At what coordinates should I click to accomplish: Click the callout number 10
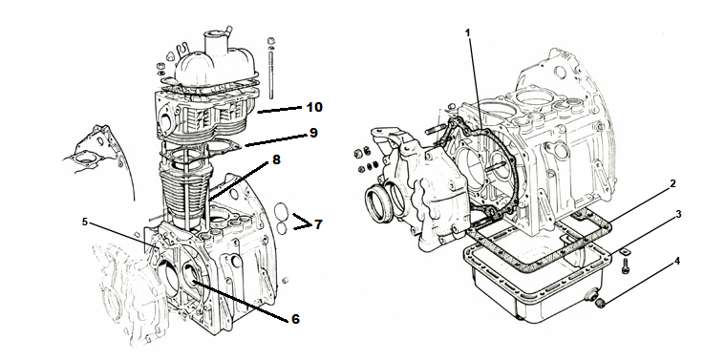[314, 107]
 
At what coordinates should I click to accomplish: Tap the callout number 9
[313, 133]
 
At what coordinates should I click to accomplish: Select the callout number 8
[276, 160]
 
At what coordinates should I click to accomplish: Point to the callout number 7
[317, 224]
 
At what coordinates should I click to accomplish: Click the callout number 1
[468, 32]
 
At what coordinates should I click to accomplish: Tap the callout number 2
[673, 183]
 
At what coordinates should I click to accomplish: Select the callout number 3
[679, 214]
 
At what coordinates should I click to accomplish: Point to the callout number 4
[677, 262]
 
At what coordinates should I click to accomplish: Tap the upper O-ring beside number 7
[282, 211]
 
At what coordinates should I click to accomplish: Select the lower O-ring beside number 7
[281, 228]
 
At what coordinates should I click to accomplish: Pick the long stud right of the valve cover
[271, 70]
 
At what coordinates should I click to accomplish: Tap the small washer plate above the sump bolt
[625, 251]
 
